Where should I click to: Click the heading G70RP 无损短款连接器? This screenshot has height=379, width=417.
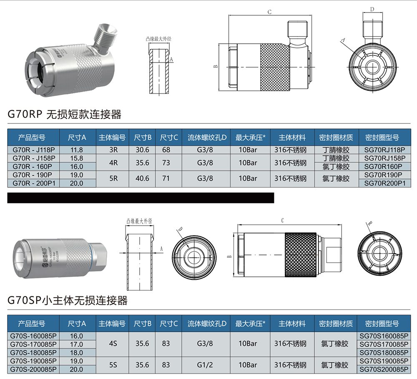click(x=65, y=114)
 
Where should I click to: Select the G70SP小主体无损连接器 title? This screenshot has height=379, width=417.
click(x=68, y=300)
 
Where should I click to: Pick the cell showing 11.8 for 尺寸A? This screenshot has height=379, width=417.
click(x=77, y=150)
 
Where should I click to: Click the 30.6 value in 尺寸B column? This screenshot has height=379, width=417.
click(x=142, y=150)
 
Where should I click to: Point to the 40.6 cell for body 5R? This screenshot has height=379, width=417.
click(x=142, y=178)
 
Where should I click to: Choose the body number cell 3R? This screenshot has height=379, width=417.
click(x=113, y=150)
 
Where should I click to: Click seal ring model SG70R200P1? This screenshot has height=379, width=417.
click(x=384, y=183)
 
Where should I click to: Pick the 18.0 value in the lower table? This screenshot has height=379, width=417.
click(x=77, y=352)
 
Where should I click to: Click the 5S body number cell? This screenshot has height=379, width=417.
click(x=113, y=365)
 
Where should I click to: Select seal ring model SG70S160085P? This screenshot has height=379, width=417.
click(x=384, y=336)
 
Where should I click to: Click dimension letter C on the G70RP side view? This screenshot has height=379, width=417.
click(x=269, y=12)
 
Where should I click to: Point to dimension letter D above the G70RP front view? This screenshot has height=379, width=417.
click(x=372, y=9)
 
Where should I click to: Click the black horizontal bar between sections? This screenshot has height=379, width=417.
click(x=141, y=198)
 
